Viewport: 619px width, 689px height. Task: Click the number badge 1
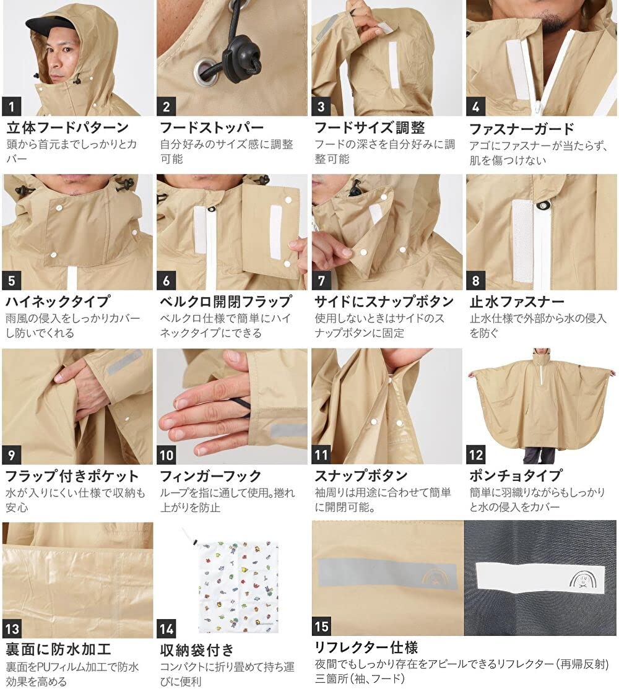click(12, 106)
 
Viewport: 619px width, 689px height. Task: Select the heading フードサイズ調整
click(370, 128)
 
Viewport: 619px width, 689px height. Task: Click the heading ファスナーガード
click(522, 129)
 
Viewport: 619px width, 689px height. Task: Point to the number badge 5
click(12, 280)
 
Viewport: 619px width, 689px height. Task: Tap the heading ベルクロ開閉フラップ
click(226, 301)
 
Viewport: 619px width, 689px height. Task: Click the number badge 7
click(322, 280)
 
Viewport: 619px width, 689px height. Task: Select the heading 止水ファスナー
click(517, 302)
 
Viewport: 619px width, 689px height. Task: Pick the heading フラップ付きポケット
click(72, 476)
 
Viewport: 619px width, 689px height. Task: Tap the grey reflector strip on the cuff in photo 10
click(288, 430)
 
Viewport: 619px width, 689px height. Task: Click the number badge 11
click(322, 455)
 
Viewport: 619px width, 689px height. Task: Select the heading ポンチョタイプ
click(516, 475)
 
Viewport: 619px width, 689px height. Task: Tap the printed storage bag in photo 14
click(237, 581)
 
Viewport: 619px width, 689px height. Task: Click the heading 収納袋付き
click(197, 650)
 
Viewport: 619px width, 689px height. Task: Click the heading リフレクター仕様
click(366, 648)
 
